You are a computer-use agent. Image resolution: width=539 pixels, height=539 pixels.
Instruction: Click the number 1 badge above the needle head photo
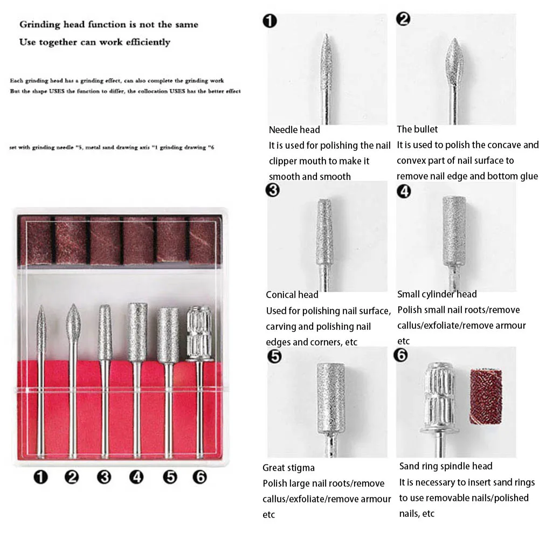[x=270, y=21]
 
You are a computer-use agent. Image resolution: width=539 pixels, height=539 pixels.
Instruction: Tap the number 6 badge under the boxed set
[x=200, y=477]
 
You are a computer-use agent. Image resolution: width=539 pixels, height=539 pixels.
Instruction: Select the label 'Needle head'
[x=294, y=129]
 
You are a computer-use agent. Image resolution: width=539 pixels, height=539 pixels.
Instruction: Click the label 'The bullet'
[x=417, y=129]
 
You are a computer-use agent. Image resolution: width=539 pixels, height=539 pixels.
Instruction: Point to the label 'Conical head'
[x=292, y=295]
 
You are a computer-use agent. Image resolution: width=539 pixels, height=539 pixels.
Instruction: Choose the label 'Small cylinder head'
[x=437, y=294]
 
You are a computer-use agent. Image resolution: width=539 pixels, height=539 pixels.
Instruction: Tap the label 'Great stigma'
[x=288, y=467]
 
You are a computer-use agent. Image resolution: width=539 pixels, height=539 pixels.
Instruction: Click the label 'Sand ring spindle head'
[x=446, y=466]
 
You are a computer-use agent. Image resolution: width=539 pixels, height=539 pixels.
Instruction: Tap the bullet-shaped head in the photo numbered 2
[x=454, y=62]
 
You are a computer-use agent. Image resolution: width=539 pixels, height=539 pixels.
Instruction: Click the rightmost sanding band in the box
[x=205, y=240]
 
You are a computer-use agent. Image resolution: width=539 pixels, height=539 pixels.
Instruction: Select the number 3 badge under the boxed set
[x=104, y=477]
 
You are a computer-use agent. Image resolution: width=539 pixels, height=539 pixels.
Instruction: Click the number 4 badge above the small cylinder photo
[x=404, y=191]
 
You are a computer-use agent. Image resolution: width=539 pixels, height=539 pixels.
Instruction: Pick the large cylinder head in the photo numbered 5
[x=330, y=398]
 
